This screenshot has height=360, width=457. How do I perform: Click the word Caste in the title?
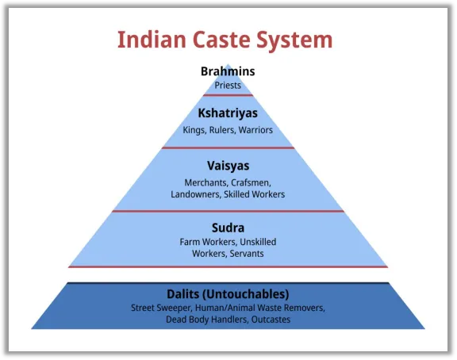[221, 40]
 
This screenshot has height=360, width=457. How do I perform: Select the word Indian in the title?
[152, 40]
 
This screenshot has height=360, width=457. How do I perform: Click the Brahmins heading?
[228, 71]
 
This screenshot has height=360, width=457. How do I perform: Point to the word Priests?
[228, 86]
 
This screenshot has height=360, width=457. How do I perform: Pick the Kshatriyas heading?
[228, 113]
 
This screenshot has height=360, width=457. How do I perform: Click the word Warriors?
[255, 130]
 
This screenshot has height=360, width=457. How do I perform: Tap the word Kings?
[194, 130]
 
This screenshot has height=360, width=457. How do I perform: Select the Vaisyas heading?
[228, 166]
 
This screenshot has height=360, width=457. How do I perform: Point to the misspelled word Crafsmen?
[251, 183]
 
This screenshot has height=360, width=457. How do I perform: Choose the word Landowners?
[196, 194]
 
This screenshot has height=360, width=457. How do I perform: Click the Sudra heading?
[228, 228]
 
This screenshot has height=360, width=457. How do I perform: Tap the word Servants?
[247, 254]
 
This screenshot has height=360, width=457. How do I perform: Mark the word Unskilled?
[258, 242]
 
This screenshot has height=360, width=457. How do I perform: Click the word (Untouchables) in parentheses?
[245, 294]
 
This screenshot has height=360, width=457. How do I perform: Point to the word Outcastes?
[271, 320]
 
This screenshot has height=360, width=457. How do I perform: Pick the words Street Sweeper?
[161, 308]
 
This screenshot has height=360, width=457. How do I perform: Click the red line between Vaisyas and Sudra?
[228, 211]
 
